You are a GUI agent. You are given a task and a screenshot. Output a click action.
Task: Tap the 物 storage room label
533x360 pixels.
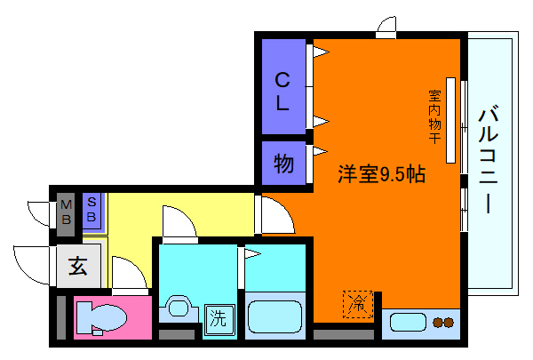(283, 164)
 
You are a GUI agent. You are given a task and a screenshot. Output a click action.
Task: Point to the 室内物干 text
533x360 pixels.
(434, 116)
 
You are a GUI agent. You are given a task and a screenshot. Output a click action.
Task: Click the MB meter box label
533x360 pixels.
(65, 213)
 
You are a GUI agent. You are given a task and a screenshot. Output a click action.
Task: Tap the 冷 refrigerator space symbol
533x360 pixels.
(357, 302)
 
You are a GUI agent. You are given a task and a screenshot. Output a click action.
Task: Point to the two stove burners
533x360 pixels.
(442, 323)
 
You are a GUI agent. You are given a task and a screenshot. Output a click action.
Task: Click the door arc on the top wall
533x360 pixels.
(386, 26)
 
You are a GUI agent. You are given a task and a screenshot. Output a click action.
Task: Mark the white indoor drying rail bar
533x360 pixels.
(450, 120)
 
